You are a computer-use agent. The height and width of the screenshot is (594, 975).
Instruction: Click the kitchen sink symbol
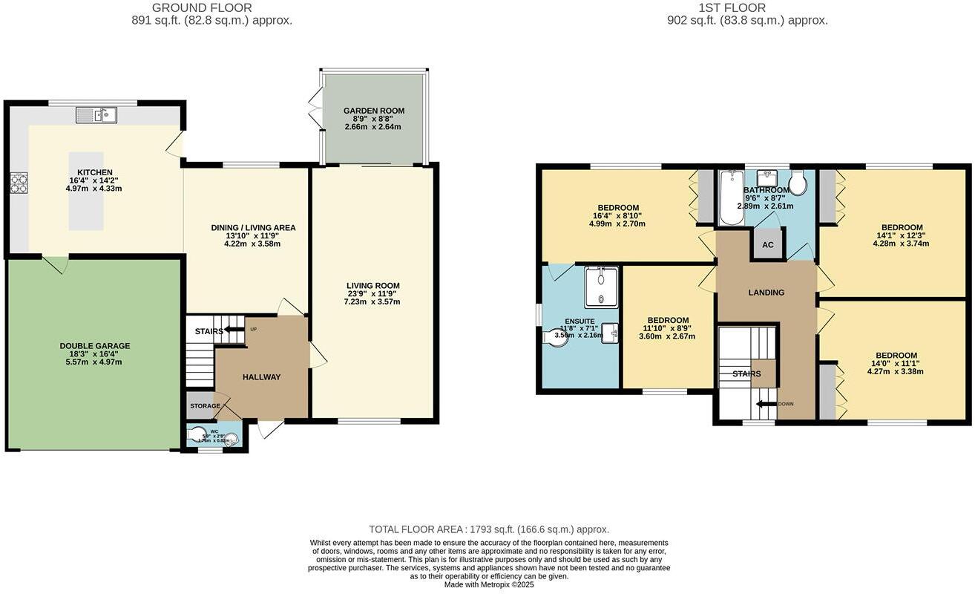tap(96, 115)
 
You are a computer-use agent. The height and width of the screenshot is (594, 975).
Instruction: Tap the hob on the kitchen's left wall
tap(19, 183)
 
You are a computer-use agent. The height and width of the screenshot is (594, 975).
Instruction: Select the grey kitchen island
tap(87, 191)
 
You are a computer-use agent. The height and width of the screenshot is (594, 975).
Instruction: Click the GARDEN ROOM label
tap(373, 111)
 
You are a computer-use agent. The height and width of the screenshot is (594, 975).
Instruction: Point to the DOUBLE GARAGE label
tap(95, 346)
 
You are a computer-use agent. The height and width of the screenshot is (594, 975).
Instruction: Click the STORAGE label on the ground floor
tap(205, 406)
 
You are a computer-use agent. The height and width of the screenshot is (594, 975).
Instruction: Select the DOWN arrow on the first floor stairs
tap(766, 405)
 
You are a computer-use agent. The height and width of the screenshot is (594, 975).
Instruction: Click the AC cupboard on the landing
tap(768, 244)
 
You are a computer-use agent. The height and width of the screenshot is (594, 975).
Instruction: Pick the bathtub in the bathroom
tap(732, 198)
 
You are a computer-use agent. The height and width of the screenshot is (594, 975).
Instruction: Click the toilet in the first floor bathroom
tap(799, 183)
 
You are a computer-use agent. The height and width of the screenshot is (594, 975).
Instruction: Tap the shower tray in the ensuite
tap(601, 287)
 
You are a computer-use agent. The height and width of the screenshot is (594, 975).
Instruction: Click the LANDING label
tap(766, 293)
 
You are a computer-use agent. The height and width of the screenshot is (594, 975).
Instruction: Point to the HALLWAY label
tap(261, 377)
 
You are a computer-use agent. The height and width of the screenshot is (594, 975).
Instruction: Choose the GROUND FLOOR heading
tap(192, 8)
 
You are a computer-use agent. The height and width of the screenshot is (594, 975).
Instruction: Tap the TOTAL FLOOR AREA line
tap(489, 529)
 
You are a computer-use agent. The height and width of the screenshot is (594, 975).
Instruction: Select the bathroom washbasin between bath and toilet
tap(766, 178)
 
